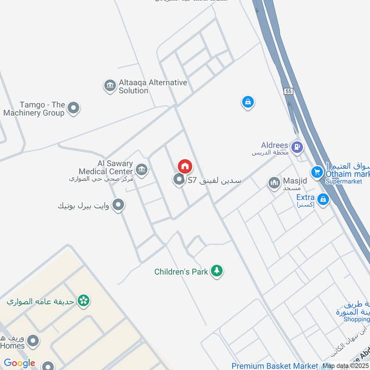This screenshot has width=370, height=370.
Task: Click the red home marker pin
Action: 185,166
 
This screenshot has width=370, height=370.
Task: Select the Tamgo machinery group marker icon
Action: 73,109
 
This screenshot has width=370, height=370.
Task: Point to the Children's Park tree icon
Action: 216,271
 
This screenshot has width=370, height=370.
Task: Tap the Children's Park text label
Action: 181,272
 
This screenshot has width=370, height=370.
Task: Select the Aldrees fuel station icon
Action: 297,147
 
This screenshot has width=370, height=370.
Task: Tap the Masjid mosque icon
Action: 274,183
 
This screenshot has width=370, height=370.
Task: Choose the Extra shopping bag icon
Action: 323,199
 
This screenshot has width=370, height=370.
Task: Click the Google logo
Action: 19,363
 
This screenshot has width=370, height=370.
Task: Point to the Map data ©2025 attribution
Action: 345,366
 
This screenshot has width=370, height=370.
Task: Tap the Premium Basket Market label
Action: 275,366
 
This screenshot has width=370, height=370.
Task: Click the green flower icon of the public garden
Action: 84,301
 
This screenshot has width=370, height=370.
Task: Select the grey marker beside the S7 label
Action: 179,180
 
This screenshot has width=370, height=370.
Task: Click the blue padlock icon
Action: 248,102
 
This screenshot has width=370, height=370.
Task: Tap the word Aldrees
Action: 274,145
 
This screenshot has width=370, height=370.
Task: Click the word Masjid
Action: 291,181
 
